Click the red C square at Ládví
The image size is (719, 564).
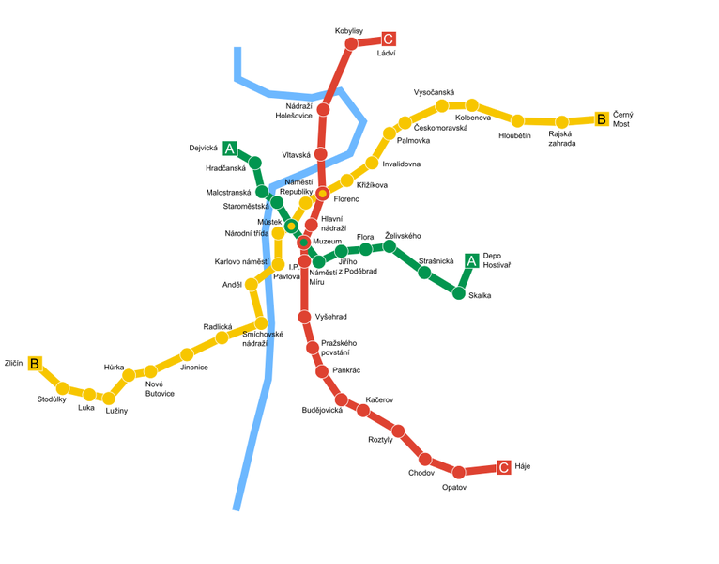pos(389,39)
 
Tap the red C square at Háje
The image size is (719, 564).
pos(504,467)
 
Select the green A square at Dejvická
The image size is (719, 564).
pos(230,149)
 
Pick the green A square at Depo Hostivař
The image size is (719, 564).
pos(472,260)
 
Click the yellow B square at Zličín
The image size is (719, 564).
pos(35,364)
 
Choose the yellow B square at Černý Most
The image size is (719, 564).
pos(602,119)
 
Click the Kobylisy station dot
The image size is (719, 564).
pos(352,43)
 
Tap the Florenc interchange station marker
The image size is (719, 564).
pos(323,194)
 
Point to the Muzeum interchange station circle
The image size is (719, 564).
pos(304,243)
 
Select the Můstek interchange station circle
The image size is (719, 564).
pos(291,226)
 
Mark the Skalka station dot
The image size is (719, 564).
pos(459,293)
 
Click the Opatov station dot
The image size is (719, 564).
pos(459,472)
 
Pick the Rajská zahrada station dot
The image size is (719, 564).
pos(561,122)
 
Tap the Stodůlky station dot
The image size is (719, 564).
pos(62,388)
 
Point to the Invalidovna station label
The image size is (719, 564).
pos(402,164)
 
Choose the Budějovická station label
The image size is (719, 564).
pos(322,411)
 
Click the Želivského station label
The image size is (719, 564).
pos(404,235)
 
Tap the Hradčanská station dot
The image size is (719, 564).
pos(254,163)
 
